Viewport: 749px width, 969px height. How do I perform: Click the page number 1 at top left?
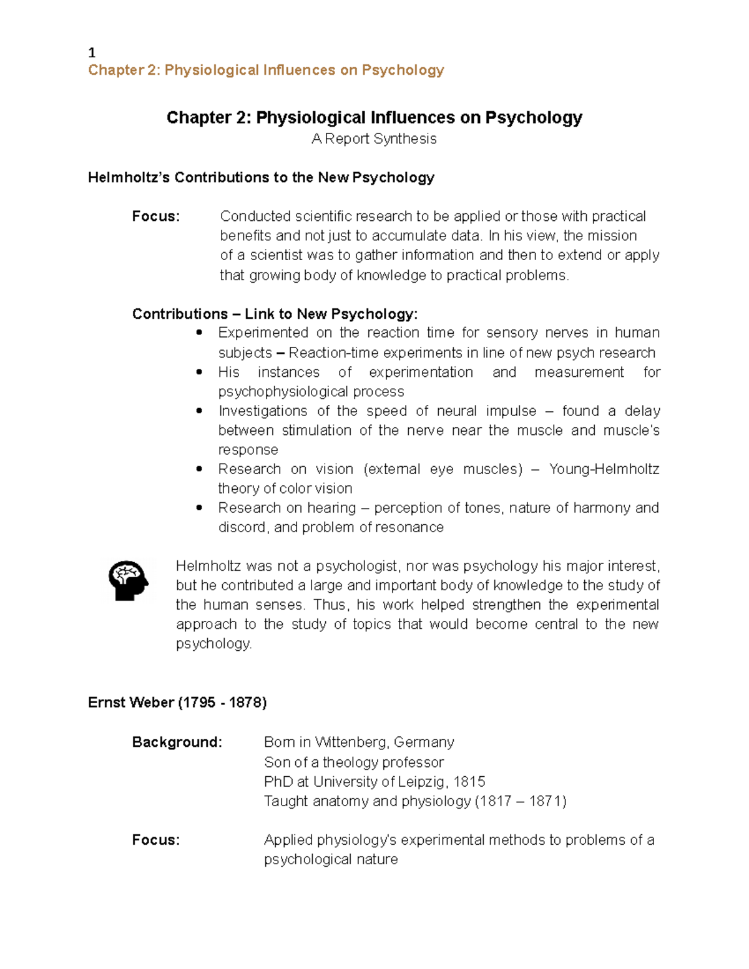tap(92, 53)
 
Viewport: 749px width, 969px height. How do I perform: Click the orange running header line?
tap(266, 70)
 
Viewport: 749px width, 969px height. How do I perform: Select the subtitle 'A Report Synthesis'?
tap(374, 139)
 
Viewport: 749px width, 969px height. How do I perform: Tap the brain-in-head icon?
tap(128, 580)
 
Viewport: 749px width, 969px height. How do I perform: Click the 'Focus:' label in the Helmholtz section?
tap(155, 217)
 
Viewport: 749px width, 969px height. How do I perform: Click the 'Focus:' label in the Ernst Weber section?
tap(155, 840)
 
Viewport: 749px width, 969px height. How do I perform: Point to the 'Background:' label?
tap(177, 742)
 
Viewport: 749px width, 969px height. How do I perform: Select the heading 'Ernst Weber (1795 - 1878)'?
tap(177, 703)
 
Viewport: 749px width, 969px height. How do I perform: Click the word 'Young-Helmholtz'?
tap(604, 469)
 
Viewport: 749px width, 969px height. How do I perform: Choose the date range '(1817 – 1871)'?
tap(520, 801)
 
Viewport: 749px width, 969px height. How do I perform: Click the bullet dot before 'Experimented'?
tap(199, 333)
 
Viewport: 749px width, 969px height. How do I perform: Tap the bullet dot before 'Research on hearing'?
tap(199, 508)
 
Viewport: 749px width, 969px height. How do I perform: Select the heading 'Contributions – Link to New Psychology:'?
tap(275, 314)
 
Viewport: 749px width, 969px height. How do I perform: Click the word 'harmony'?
tap(602, 508)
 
